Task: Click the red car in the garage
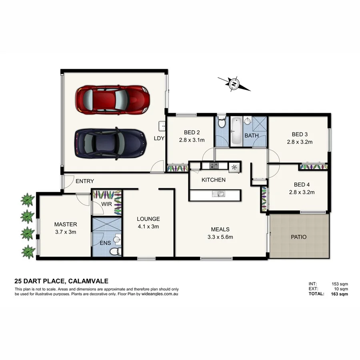point(113,99)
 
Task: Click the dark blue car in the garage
point(110,143)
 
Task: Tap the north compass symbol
point(234,84)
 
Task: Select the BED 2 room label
point(192,132)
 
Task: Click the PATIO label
point(298,237)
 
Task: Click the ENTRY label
point(84,182)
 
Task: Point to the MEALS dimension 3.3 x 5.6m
point(220,237)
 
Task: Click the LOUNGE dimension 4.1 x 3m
point(148,226)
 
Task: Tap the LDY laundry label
point(159,138)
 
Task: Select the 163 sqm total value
point(340,294)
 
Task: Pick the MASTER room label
point(66,224)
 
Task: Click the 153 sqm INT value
point(340,284)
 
